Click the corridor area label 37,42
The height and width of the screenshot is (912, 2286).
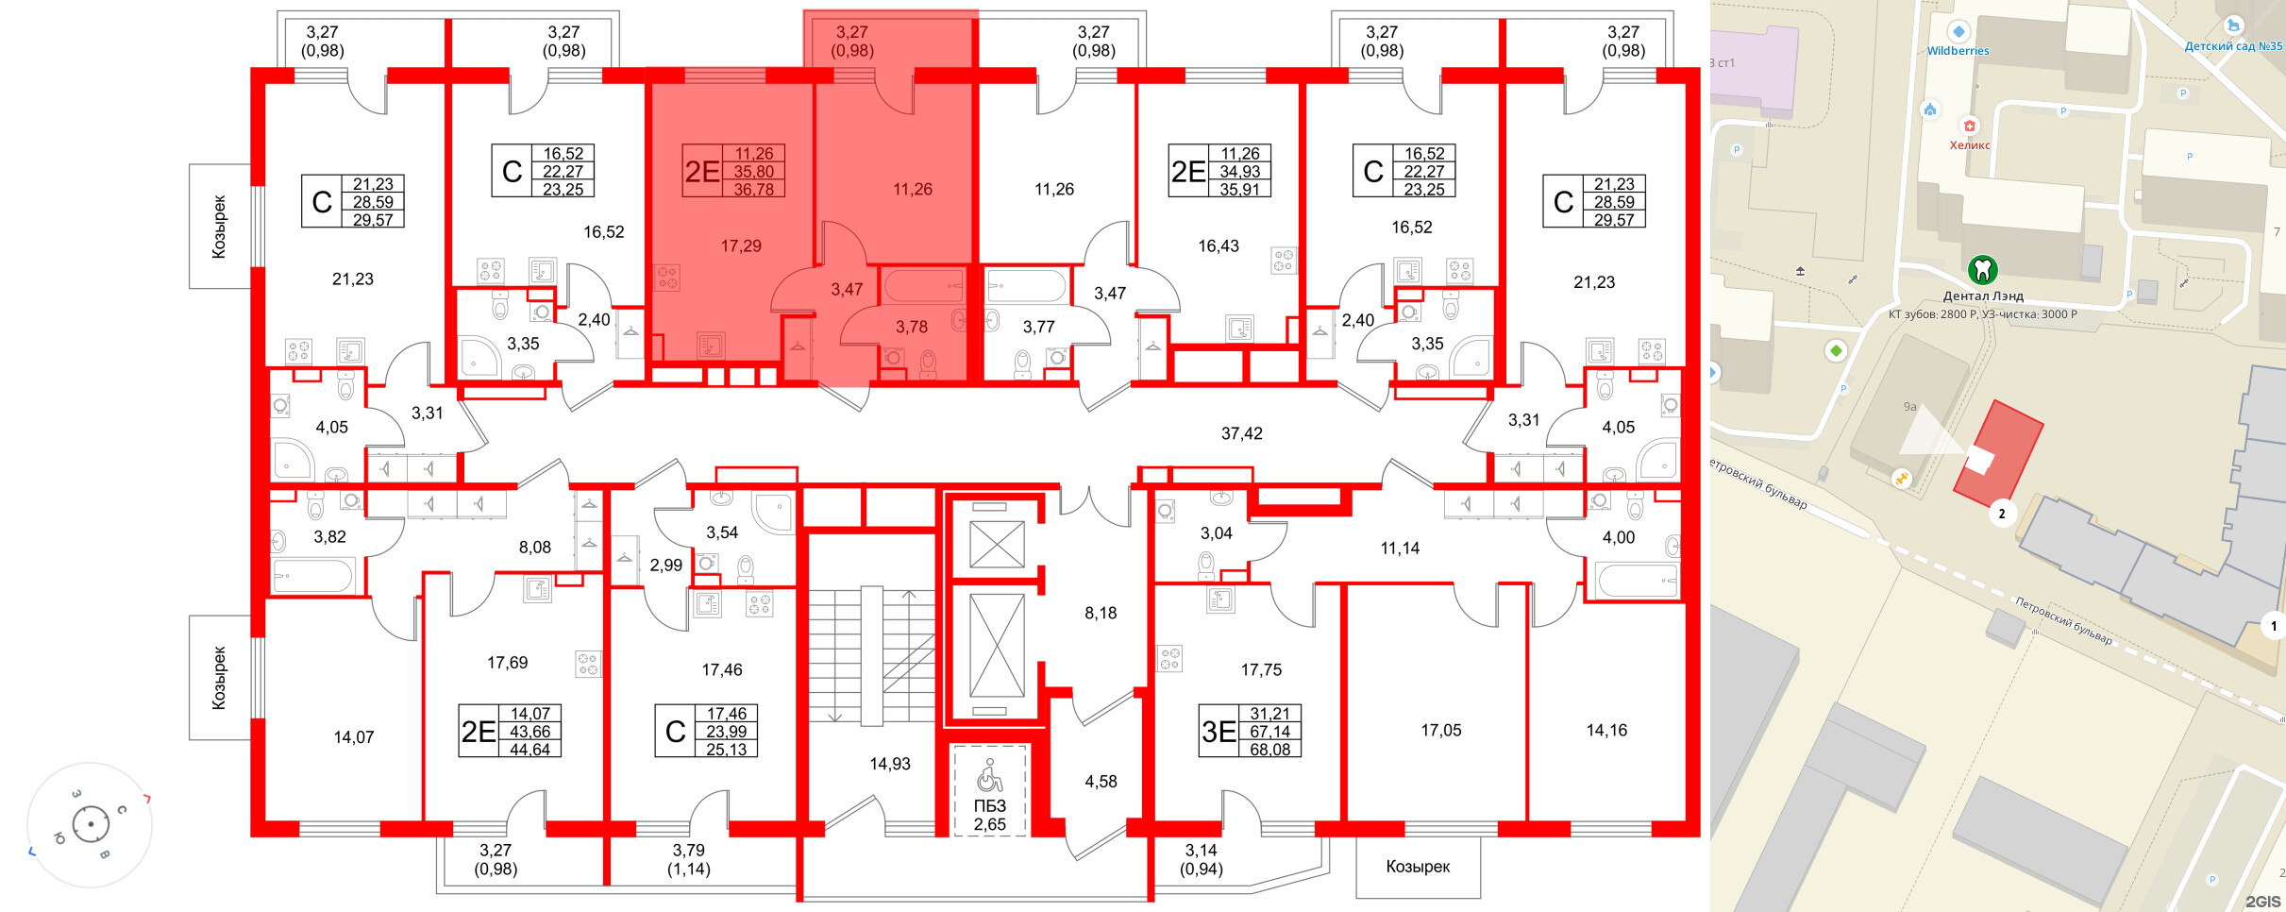pyautogui.click(x=1241, y=433)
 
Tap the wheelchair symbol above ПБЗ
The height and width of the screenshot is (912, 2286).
pyautogui.click(x=989, y=776)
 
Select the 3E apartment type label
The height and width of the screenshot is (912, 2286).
pyautogui.click(x=1219, y=732)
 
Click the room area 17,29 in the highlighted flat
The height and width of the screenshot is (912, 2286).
pyautogui.click(x=741, y=245)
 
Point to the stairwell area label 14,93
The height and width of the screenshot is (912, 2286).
pyautogui.click(x=890, y=764)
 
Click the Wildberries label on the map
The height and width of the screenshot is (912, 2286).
pyautogui.click(x=1958, y=51)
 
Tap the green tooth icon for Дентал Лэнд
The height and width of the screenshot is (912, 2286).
pyautogui.click(x=1982, y=270)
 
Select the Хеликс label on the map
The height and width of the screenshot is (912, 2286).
pyautogui.click(x=1970, y=144)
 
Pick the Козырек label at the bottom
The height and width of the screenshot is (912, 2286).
pyautogui.click(x=1418, y=867)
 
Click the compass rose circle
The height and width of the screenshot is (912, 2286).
pyautogui.click(x=91, y=824)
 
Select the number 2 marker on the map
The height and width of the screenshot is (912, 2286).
pyautogui.click(x=2001, y=514)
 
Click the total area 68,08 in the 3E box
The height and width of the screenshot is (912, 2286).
pyautogui.click(x=1269, y=750)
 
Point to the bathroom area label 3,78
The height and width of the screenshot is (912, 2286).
pyautogui.click(x=912, y=327)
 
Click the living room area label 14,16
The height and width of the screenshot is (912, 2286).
pyautogui.click(x=1606, y=730)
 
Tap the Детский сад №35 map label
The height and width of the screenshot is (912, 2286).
pyautogui.click(x=2233, y=46)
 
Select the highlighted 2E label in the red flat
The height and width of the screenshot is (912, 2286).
pyautogui.click(x=702, y=171)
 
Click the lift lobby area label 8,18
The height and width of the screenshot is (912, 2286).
pyautogui.click(x=1101, y=613)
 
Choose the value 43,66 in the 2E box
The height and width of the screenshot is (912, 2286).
pyautogui.click(x=529, y=732)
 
